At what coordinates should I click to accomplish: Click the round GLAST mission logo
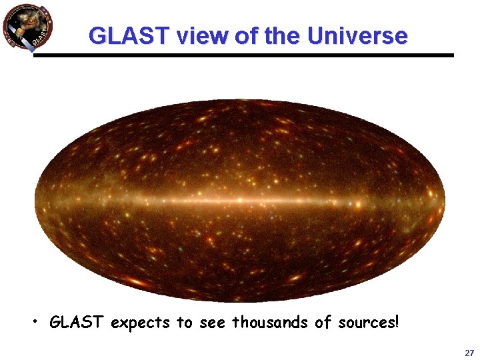pos(27,27)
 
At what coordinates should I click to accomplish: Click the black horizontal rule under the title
pos(243,55)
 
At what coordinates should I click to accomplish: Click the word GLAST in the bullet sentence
pos(77,323)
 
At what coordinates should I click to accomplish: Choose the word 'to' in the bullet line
pos(184,323)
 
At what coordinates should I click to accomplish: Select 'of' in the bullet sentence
pos(323,323)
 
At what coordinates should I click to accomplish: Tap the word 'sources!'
pos(369,323)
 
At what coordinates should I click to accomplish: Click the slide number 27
pos(469,353)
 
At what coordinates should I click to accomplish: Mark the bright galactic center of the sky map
pos(239,199)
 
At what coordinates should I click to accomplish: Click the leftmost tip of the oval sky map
pos(36,199)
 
